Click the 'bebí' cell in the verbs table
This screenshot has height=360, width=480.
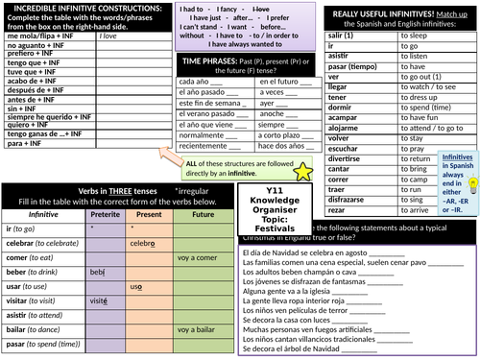pyautogui.click(x=98, y=273)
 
